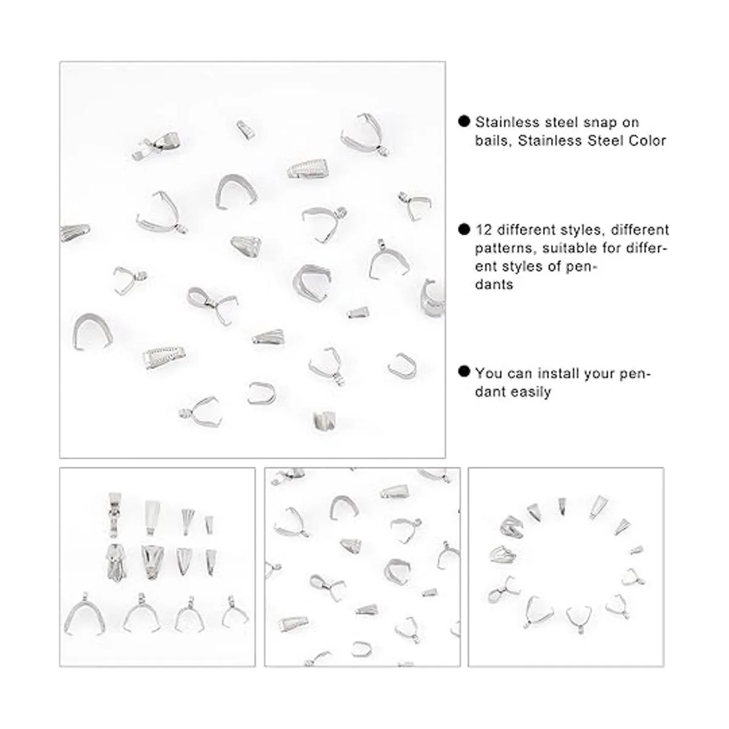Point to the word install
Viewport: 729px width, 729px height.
tap(558, 373)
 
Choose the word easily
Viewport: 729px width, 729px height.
tap(532, 392)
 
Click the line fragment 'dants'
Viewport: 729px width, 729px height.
tap(494, 284)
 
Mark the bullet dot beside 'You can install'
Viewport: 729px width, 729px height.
tap(464, 371)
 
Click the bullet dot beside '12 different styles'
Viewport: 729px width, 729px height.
tap(464, 229)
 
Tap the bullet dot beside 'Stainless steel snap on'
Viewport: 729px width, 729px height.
tap(464, 121)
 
